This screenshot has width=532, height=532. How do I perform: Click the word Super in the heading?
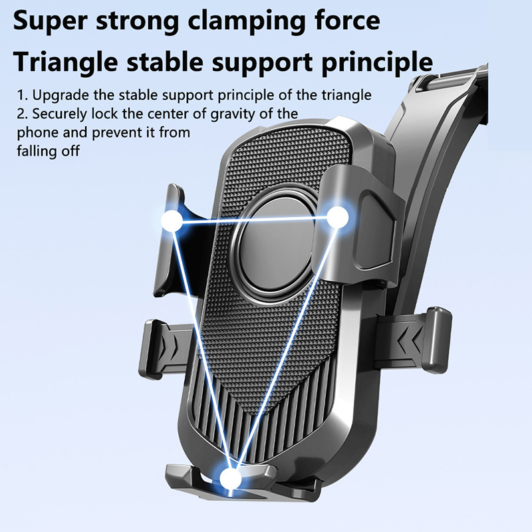(51, 22)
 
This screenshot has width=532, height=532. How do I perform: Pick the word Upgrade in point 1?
(61, 96)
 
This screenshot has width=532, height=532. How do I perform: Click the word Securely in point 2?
(60, 114)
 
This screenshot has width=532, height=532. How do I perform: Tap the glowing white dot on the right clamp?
(338, 217)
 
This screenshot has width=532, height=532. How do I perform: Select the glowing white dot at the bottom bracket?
(230, 479)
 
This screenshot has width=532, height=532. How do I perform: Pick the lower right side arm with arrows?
(414, 340)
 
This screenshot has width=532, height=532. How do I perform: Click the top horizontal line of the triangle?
(255, 220)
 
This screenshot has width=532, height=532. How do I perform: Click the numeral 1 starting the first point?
(21, 96)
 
